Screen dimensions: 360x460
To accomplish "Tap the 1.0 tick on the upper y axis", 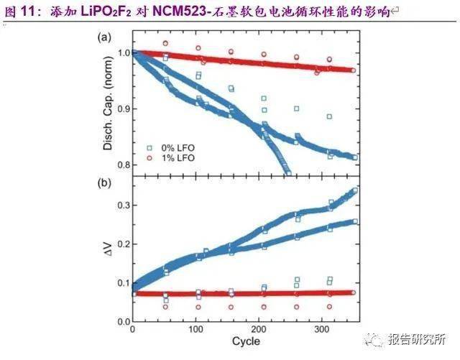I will pyautogui.click(x=122, y=53).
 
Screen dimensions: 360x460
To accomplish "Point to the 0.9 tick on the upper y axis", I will pyautogui.click(x=122, y=109).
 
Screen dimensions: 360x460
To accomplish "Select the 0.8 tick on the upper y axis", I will pyautogui.click(x=122, y=165).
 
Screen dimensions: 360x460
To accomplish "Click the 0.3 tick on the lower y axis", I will pyautogui.click(x=122, y=206).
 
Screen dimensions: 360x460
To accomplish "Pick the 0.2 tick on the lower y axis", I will pyautogui.click(x=122, y=244).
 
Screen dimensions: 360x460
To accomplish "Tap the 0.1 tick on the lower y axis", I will pyautogui.click(x=122, y=283).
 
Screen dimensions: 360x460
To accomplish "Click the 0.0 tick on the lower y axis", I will pyautogui.click(x=122, y=321).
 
